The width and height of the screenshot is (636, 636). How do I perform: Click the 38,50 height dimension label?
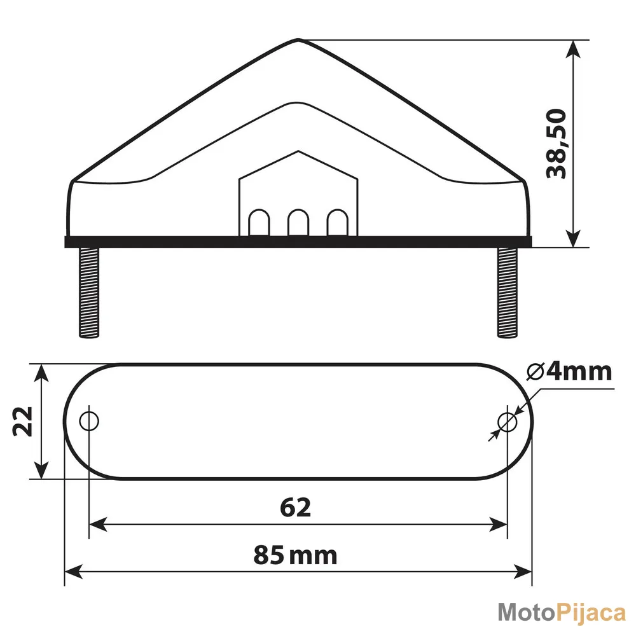click(x=556, y=144)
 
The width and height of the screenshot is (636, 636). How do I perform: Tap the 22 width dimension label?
click(x=23, y=422)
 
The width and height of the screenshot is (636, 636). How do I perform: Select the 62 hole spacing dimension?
click(x=296, y=508)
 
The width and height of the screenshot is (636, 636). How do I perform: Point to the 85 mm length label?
click(x=295, y=555)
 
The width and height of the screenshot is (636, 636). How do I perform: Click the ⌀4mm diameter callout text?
click(x=569, y=371)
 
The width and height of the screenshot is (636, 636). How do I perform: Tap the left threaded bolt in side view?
click(x=89, y=293)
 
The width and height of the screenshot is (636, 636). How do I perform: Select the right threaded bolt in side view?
click(x=508, y=293)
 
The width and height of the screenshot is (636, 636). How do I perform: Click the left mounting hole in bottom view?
click(x=89, y=422)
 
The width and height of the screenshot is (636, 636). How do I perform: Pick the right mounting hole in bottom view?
click(x=507, y=422)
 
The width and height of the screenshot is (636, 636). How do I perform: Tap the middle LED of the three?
click(x=298, y=222)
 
